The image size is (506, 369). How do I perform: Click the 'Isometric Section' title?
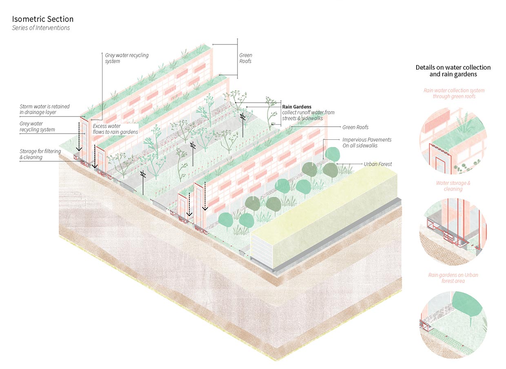click(x=43, y=19)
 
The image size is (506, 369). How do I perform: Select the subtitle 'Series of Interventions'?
click(x=41, y=28)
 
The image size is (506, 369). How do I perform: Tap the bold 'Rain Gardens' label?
click(x=297, y=107)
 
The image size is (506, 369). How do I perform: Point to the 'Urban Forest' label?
click(x=377, y=164)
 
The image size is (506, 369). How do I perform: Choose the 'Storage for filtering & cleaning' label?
click(x=40, y=154)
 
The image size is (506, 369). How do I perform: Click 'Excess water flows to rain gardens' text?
click(x=115, y=129)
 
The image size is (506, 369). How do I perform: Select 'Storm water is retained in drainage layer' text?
click(x=44, y=109)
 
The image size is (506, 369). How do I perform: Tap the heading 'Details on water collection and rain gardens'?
click(x=453, y=71)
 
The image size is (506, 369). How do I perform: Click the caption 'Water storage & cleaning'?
click(x=453, y=186)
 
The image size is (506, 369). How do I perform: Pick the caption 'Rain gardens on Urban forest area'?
click(x=453, y=278)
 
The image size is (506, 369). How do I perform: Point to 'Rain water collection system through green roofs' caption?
click(x=453, y=93)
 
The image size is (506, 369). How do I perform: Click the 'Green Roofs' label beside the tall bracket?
click(x=245, y=58)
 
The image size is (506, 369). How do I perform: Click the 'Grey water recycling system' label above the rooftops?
click(x=126, y=58)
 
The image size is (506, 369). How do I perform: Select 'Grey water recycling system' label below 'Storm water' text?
click(x=37, y=127)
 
